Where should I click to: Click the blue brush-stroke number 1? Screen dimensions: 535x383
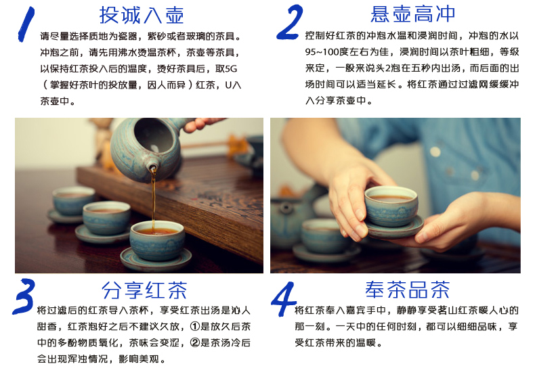(x=26, y=24)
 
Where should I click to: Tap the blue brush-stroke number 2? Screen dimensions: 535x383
(x=290, y=22)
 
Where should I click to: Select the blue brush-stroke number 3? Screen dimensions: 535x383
(x=24, y=296)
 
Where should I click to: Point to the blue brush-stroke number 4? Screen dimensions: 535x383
(x=283, y=299)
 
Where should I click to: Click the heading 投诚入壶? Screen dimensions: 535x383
(x=142, y=16)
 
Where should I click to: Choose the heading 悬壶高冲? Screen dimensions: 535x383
(x=413, y=14)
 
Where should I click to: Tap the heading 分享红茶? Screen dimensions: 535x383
(x=144, y=290)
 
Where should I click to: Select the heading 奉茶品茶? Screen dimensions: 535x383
(x=408, y=290)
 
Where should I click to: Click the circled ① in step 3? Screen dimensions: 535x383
(x=195, y=327)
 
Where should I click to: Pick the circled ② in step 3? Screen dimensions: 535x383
(x=195, y=342)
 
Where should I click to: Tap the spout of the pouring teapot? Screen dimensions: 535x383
(x=152, y=167)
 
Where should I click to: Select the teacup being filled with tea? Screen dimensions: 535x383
(x=157, y=240)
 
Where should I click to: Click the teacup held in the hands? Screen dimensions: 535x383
(x=391, y=206)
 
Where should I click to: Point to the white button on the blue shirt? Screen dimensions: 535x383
(x=435, y=152)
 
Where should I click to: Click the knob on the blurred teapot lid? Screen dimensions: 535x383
(x=286, y=207)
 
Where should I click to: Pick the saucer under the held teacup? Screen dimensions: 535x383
(x=395, y=228)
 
